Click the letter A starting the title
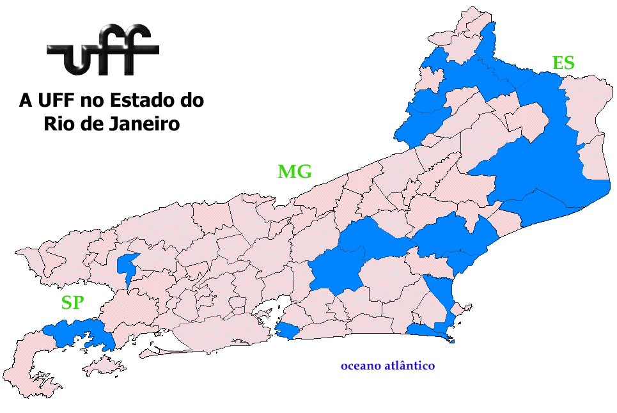[26, 101]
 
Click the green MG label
[295, 171]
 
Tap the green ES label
[563, 63]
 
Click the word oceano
[360, 366]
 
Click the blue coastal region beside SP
[80, 333]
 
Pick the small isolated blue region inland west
[127, 265]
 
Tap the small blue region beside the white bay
[287, 331]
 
